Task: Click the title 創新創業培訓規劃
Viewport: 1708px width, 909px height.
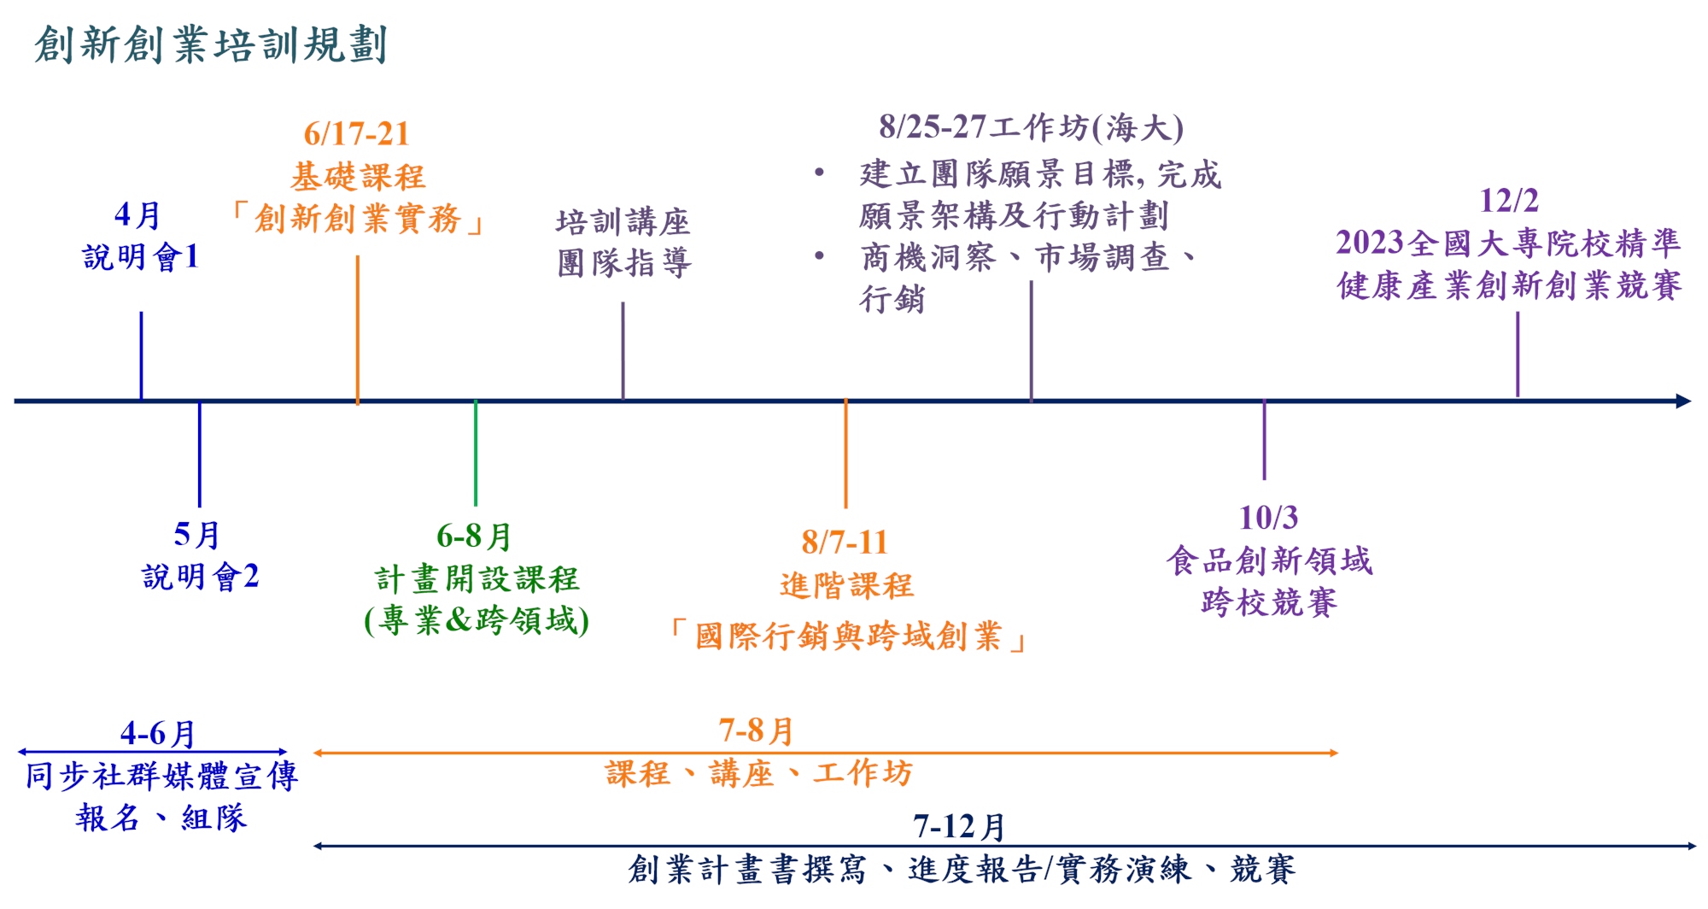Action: pos(211,44)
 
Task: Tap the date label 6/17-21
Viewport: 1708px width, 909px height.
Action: pos(357,134)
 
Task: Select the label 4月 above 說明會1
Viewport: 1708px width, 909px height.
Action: pos(137,215)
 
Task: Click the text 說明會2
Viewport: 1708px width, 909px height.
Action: pos(201,577)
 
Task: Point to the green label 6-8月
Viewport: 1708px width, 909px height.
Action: pos(474,537)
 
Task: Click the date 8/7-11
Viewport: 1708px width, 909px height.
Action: pos(845,542)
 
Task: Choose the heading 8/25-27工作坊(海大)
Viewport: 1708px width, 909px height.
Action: pos(1031,128)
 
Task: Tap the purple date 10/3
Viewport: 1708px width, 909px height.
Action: pos(1268,518)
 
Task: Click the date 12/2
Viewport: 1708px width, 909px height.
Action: pos(1508,201)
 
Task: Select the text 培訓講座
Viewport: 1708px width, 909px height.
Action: pos(623,222)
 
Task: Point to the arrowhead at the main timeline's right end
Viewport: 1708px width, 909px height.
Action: pos(1683,401)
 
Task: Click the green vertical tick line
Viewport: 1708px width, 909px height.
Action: pos(476,453)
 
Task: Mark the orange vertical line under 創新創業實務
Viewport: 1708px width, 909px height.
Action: pos(357,329)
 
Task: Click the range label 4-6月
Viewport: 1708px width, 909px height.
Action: pos(158,733)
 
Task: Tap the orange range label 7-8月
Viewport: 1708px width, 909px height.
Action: pos(757,730)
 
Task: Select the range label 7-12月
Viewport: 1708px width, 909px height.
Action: pos(960,826)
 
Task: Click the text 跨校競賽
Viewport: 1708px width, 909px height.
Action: pos(1269,602)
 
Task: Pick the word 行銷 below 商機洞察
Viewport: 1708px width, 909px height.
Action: pos(892,299)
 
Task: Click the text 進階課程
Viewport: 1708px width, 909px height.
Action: pos(846,586)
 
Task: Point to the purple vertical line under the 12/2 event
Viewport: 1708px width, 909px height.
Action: pos(1518,355)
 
